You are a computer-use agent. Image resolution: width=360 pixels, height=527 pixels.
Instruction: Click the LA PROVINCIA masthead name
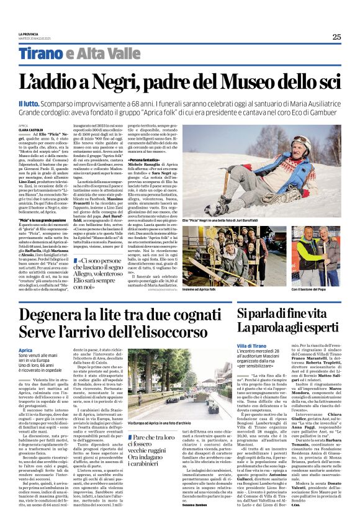pyautogui.click(x=28, y=34)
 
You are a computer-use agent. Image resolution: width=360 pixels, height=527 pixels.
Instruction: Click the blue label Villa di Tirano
pyautogui.click(x=251, y=345)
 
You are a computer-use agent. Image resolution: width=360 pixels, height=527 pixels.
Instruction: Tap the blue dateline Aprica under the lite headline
pyautogui.click(x=25, y=351)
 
